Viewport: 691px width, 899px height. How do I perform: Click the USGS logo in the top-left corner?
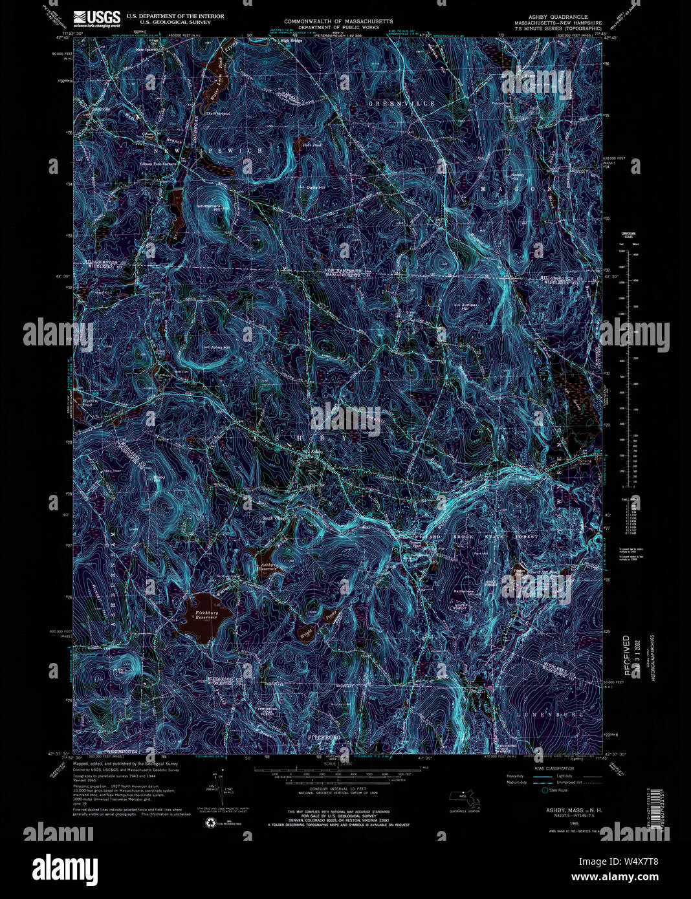tap(96, 17)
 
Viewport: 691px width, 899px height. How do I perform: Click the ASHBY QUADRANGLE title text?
tap(556, 16)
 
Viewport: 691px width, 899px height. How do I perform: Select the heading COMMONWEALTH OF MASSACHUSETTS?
tap(338, 21)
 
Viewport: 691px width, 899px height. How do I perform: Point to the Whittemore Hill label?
tap(209, 206)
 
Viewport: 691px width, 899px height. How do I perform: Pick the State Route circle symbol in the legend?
tap(544, 790)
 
